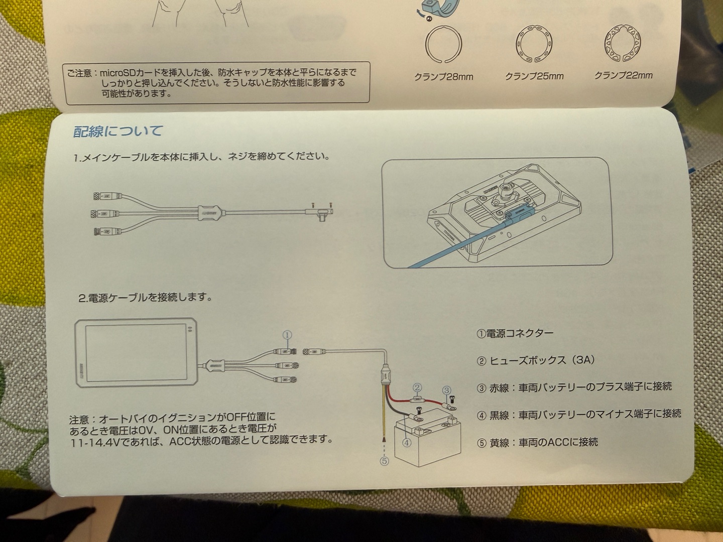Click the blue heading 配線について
[117, 131]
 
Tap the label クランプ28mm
[443, 77]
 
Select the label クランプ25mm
[534, 76]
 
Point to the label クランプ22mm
[623, 75]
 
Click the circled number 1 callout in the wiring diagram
[287, 335]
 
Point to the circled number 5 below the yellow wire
[385, 461]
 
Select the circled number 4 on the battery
[407, 443]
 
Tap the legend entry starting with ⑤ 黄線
[537, 443]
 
